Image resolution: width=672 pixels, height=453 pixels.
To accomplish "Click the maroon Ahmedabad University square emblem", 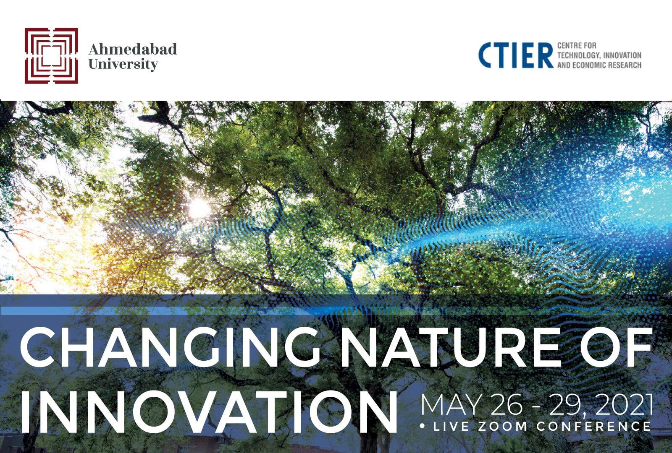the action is [51, 56].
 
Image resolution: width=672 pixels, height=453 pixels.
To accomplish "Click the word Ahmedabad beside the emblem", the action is [133, 49].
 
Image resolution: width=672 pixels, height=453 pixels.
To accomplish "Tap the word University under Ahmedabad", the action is [123, 65].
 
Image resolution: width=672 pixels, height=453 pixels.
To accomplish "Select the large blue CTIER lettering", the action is [516, 55].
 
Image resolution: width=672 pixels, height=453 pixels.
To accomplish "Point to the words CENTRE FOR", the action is [577, 46].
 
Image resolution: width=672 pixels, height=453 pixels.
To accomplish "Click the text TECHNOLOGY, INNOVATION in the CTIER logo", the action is [599, 55].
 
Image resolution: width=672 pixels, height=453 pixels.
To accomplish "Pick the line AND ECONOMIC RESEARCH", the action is [599, 65].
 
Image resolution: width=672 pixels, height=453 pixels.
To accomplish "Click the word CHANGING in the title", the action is [170, 347].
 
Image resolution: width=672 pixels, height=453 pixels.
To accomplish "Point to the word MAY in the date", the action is [451, 405].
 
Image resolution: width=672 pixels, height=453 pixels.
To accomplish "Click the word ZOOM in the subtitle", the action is [502, 426].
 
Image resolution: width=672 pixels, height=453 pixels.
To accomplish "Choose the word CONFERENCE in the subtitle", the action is [594, 426].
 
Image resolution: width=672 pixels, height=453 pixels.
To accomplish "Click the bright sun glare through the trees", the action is [199, 207].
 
